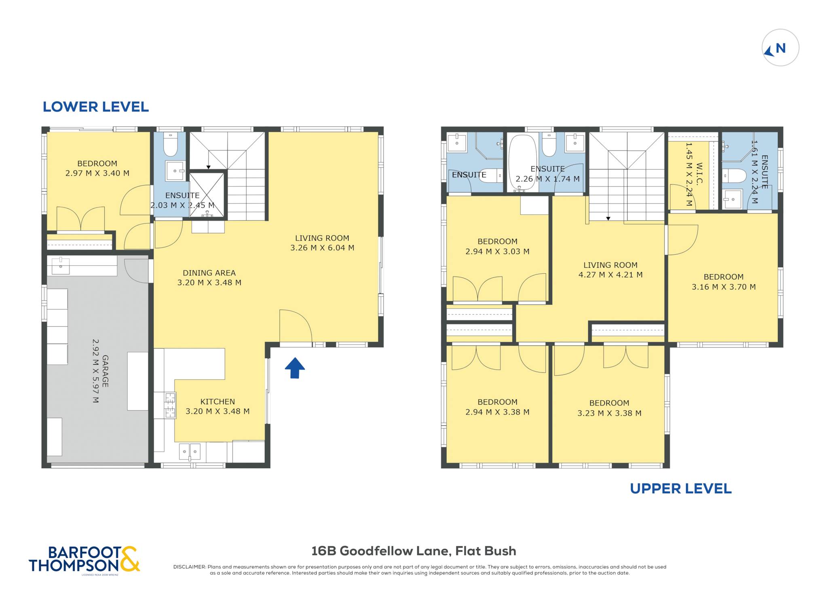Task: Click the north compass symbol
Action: click(780, 48)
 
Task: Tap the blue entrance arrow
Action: click(295, 368)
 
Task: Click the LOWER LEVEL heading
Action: click(96, 107)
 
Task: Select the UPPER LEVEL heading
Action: click(681, 488)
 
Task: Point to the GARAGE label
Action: click(105, 371)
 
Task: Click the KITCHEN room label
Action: click(218, 401)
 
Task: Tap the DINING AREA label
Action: click(209, 273)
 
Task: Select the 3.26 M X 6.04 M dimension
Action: click(322, 248)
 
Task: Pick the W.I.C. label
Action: click(699, 173)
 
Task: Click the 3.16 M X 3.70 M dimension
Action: click(724, 287)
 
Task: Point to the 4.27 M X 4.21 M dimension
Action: click(610, 275)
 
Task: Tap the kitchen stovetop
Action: click(170, 405)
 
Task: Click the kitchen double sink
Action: click(190, 452)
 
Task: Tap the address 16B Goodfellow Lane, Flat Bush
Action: click(414, 551)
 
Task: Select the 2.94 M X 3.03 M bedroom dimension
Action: click(497, 251)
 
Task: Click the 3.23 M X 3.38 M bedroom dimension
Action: click(609, 413)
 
